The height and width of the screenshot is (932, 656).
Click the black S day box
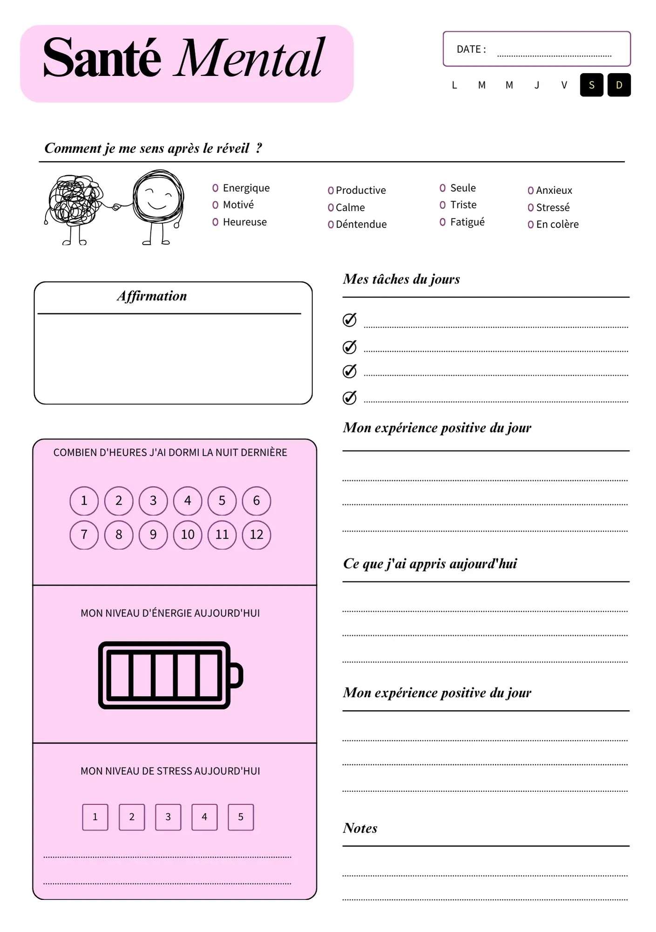point(591,85)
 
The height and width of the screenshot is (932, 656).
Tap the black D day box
point(619,85)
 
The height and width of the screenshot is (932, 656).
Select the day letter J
point(537,85)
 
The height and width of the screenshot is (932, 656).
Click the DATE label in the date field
point(471,49)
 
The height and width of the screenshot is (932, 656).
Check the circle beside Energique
point(215,188)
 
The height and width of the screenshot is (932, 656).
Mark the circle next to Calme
point(331,207)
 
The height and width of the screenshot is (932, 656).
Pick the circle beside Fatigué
point(442,222)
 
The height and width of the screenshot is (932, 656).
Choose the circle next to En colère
point(530,225)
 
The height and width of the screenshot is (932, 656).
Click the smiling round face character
point(158,200)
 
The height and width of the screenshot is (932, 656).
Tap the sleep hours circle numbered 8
point(119,535)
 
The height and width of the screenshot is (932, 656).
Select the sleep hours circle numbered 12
point(257,535)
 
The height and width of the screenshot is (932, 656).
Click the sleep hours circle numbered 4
point(188,500)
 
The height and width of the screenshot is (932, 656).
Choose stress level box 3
point(168,816)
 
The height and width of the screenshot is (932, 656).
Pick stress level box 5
point(241,816)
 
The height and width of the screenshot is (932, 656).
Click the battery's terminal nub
point(237,675)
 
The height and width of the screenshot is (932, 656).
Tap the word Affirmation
point(152,296)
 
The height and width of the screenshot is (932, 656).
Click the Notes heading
point(360,828)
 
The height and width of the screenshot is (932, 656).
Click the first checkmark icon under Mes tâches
point(349,320)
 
